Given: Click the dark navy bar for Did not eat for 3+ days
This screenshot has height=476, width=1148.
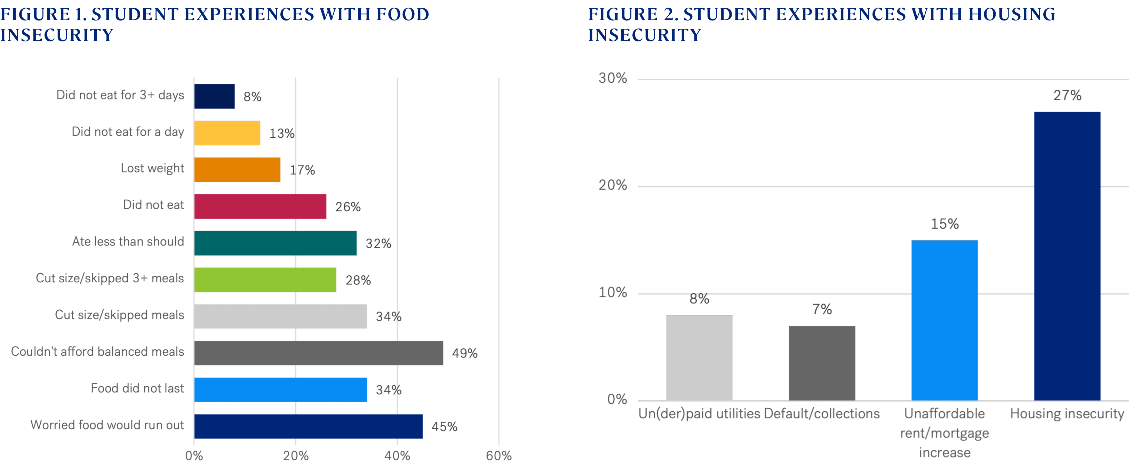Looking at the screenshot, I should pos(215,96).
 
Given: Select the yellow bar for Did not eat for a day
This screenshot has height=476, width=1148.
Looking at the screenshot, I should pos(227,133).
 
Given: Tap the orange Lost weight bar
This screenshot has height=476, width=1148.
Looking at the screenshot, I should pos(238,170).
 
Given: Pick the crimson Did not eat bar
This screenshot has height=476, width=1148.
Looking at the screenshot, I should pos(260,206).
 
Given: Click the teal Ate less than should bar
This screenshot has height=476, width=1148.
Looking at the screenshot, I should pos(276,243).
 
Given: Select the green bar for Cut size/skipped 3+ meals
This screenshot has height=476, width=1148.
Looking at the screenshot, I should pos(265,280).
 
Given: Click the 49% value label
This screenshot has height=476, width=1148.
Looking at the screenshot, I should pos(464,354).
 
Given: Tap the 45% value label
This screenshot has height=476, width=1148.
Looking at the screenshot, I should pos(444,427).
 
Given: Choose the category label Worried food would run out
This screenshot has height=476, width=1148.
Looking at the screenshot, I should pos(107,425).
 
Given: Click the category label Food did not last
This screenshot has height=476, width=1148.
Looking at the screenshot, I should pos(137,388).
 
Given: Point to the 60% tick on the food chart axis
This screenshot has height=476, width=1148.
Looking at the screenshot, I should pos(499,456).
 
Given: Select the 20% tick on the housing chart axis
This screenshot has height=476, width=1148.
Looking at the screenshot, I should pos(612,185).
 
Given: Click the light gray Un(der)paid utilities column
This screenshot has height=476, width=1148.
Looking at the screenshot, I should pos(699,358).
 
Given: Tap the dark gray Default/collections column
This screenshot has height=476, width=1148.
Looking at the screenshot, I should pos(822,363).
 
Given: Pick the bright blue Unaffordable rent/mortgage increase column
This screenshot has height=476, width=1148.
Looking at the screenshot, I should pos(944,320).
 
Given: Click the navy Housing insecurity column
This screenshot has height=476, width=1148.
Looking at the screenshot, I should pos(1067,256).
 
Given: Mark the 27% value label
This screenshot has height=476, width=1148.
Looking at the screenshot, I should pos(1067,95).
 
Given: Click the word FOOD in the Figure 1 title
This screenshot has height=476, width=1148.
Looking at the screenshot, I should pos(402,14).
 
